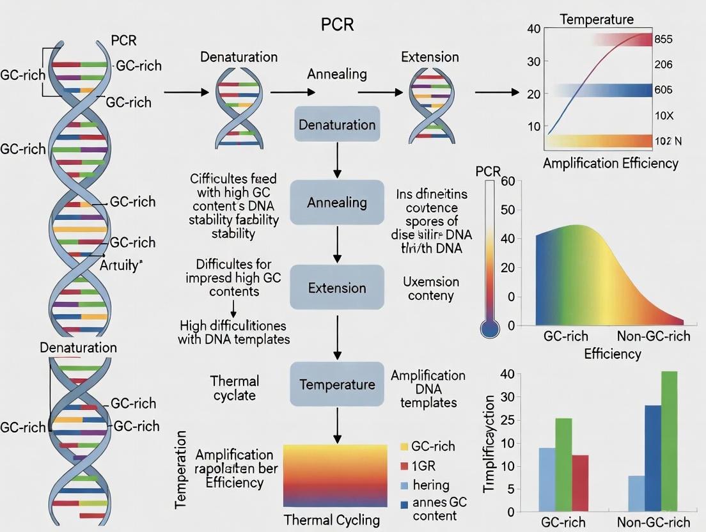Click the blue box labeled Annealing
point(337,203)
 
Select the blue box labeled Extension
point(337,288)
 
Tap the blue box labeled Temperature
point(337,384)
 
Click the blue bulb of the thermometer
point(490,329)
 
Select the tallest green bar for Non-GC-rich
point(669,441)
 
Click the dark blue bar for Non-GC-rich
point(653,458)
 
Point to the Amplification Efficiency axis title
point(610,163)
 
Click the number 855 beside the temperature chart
point(663,40)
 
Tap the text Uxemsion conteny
point(430,288)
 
